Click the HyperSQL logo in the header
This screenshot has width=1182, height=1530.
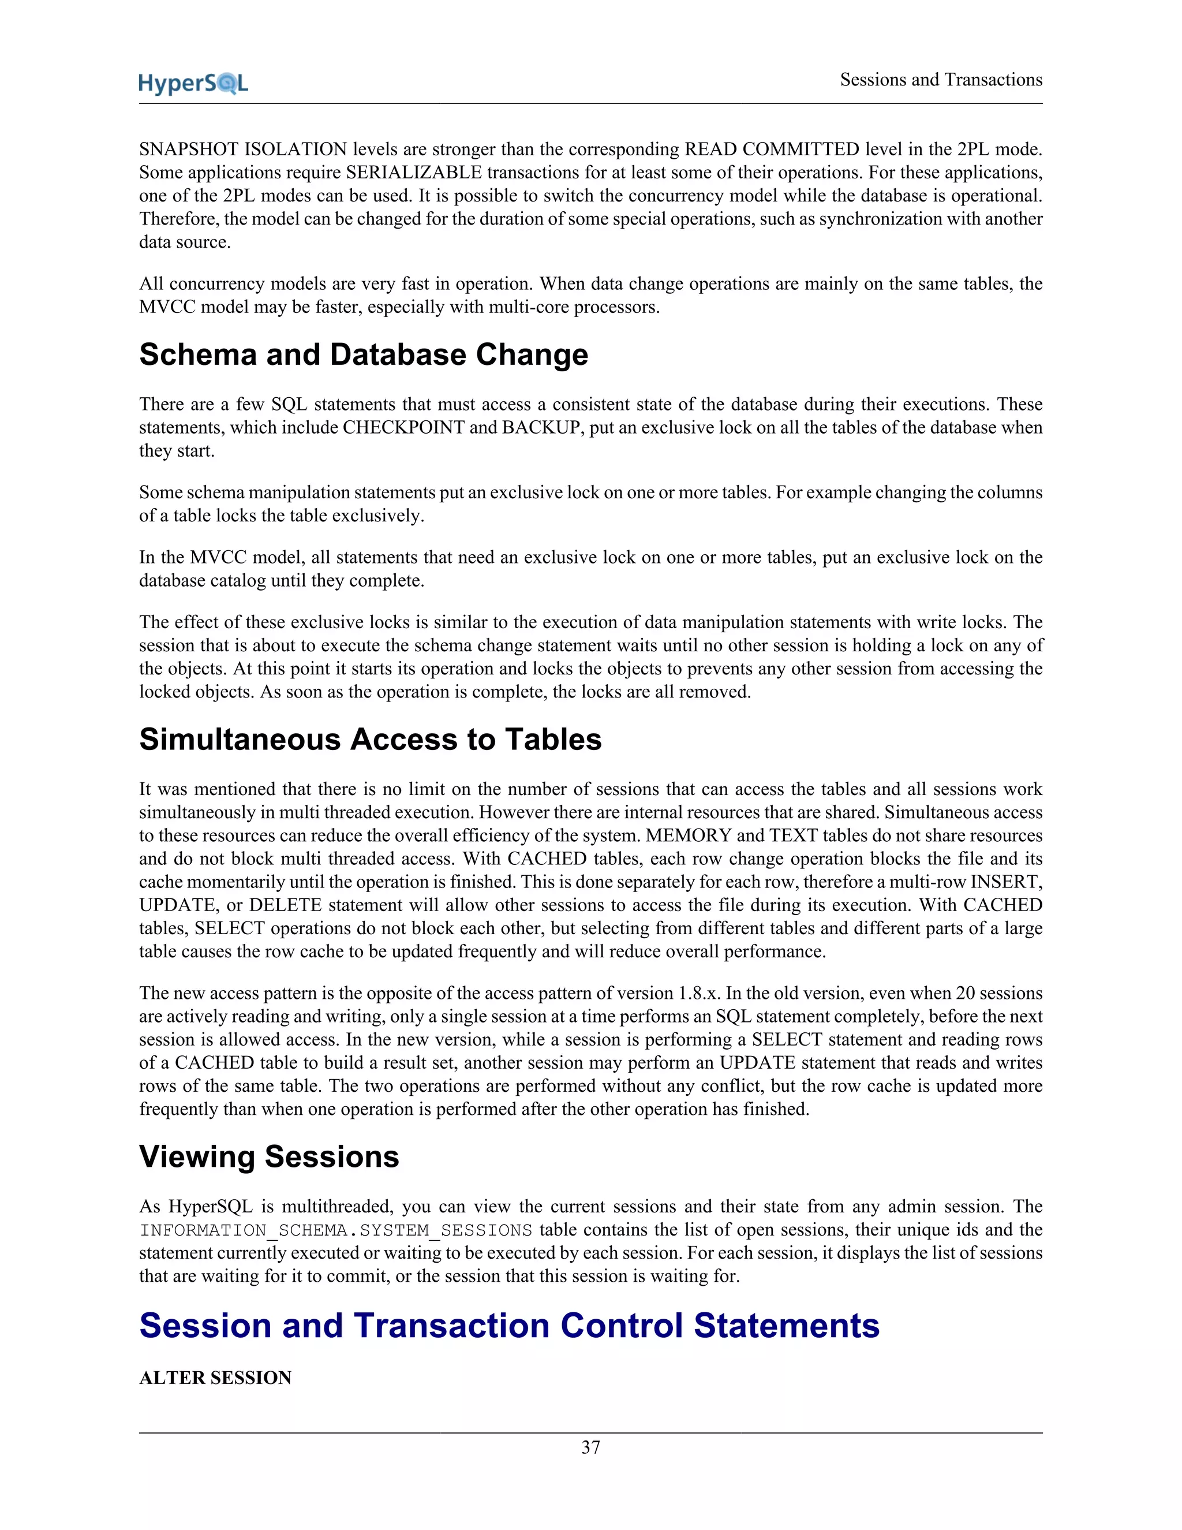click(193, 83)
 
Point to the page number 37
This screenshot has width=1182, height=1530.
click(590, 1447)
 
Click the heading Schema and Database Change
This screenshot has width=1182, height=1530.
click(364, 354)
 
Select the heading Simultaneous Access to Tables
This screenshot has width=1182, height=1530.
click(370, 739)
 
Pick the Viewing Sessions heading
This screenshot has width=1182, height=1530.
click(269, 1156)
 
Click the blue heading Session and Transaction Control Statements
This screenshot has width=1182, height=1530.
click(509, 1326)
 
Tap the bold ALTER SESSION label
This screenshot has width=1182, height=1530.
click(215, 1378)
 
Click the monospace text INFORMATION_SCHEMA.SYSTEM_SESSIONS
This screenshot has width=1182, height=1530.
click(335, 1230)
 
